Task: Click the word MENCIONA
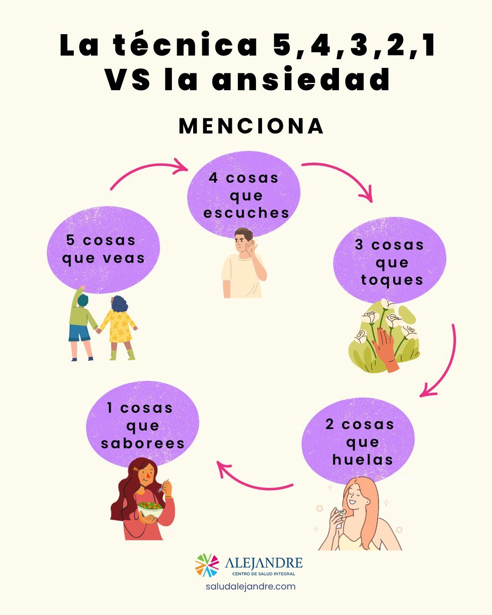tap(251, 126)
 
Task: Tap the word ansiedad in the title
tap(301, 79)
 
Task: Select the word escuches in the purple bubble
tap(246, 213)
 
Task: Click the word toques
tap(392, 280)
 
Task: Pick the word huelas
tap(362, 460)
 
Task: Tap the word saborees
tap(143, 444)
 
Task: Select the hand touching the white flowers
tap(386, 349)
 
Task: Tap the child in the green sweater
tap(82, 323)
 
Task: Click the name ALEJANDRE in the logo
tap(263, 563)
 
